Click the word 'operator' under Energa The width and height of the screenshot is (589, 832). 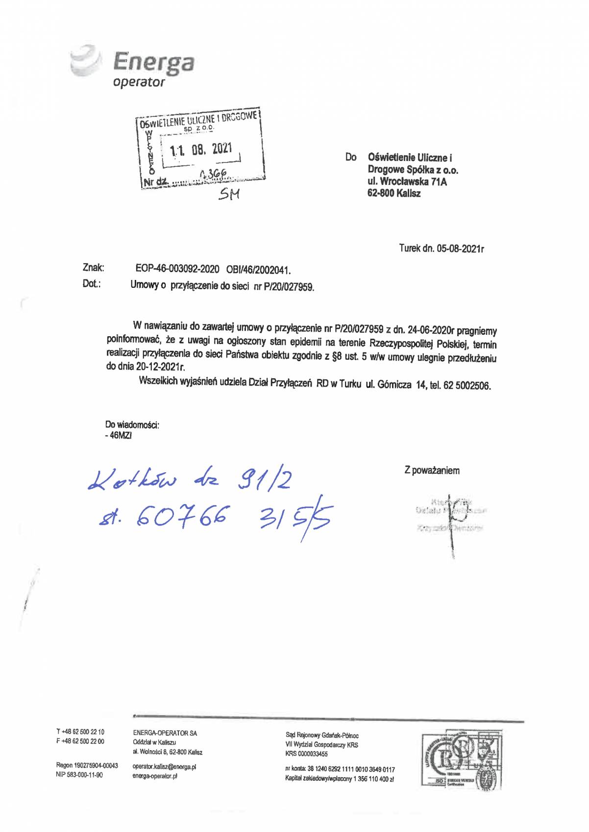point(139,82)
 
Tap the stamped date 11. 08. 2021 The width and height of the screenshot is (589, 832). point(201,149)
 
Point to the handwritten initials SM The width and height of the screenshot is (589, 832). point(229,195)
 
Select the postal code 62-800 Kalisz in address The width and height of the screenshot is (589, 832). point(393,194)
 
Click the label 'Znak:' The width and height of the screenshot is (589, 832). point(93,268)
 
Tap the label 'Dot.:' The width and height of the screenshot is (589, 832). point(92,283)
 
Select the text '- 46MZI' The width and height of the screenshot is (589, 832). point(118,435)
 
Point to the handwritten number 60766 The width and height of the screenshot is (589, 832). point(184,516)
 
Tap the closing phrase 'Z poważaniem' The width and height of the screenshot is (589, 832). point(432,471)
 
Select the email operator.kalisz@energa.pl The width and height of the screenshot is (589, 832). point(164,767)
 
